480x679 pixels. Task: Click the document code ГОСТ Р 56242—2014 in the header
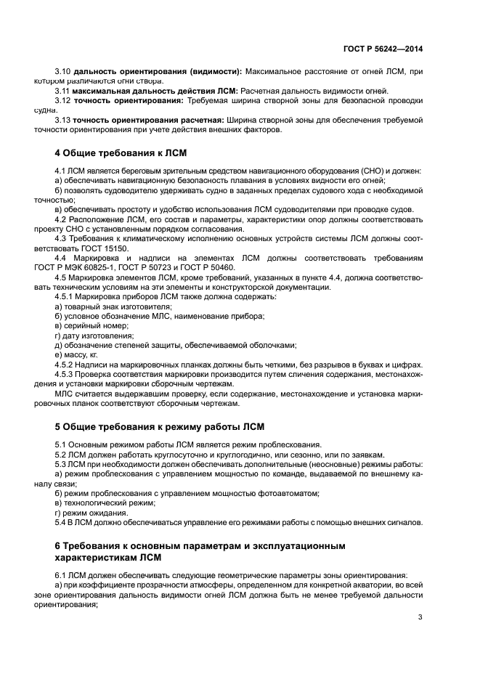[x=383, y=49]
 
